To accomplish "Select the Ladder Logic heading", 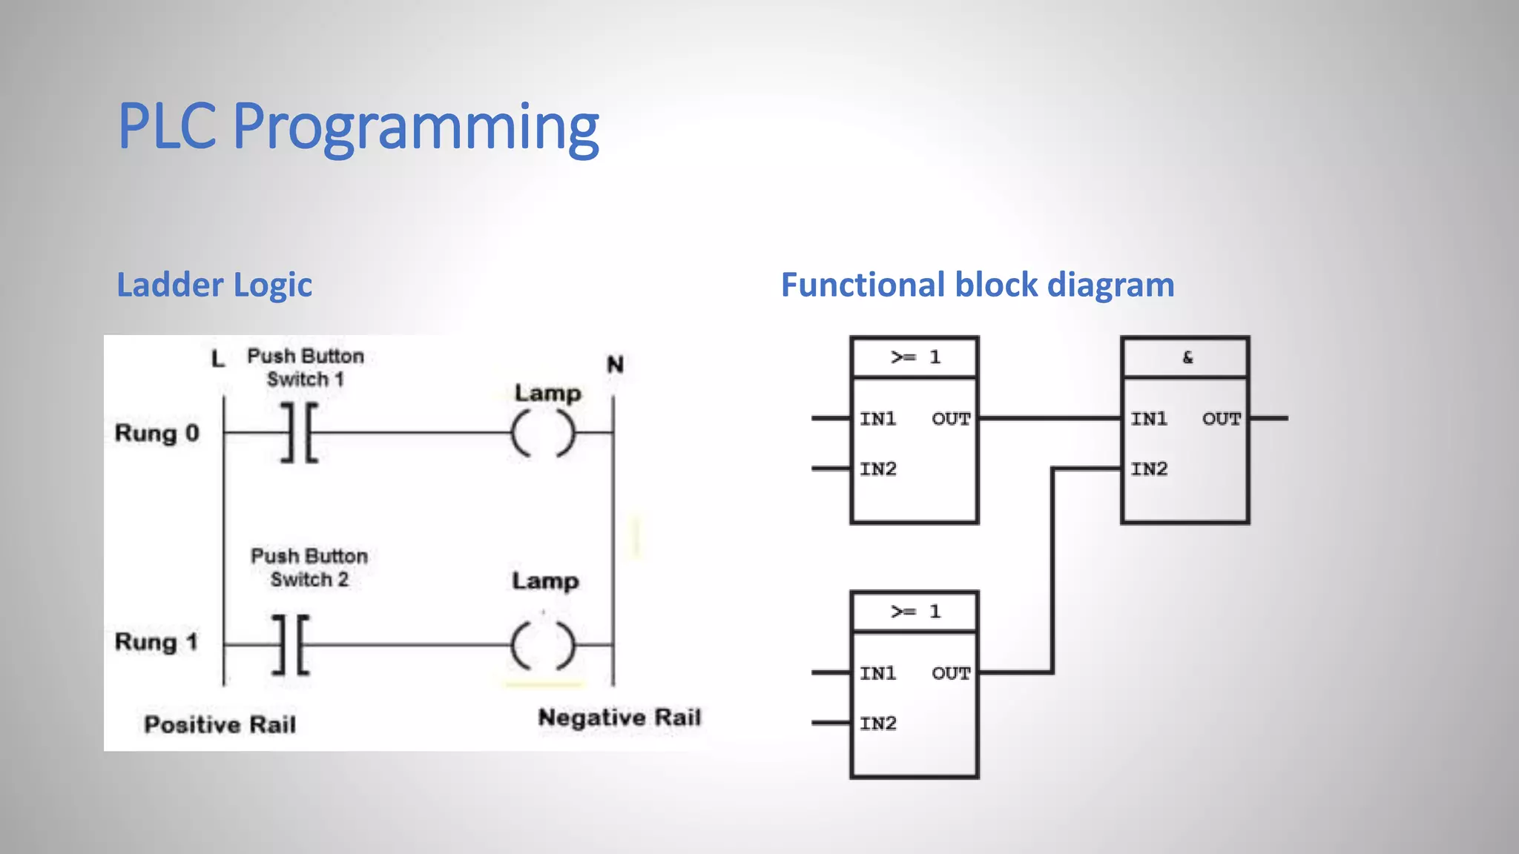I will click(x=214, y=285).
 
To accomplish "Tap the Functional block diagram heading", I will click(x=978, y=285).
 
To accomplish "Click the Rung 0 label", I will click(x=156, y=433).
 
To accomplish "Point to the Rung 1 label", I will click(x=156, y=642).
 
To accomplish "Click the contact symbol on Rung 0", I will click(x=300, y=433).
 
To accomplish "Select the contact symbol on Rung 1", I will click(x=291, y=645).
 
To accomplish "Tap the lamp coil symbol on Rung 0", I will click(x=543, y=433).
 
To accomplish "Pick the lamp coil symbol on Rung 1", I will click(x=543, y=645).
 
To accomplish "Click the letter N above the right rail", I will click(x=615, y=365).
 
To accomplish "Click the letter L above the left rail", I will click(x=217, y=360).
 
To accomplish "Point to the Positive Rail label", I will click(x=220, y=724).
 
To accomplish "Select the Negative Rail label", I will click(x=619, y=718).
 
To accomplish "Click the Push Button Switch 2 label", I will click(x=309, y=568).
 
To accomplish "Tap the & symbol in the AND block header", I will click(x=1187, y=357).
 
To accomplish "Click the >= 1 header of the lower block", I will click(x=915, y=612).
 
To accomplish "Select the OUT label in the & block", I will click(x=1221, y=419).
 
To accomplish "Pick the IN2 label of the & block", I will click(x=1149, y=469).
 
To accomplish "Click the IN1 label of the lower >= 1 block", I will click(x=878, y=673).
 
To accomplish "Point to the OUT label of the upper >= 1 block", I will click(x=951, y=419).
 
